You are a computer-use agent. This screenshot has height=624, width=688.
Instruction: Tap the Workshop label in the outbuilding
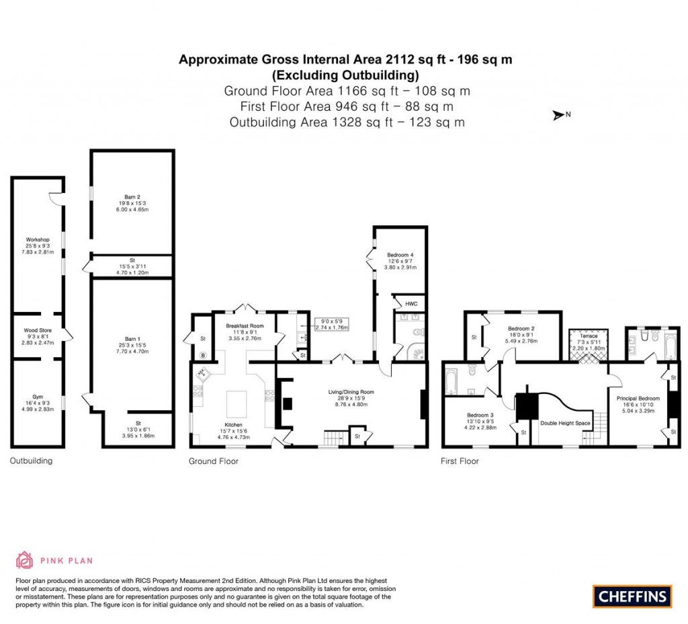(x=38, y=240)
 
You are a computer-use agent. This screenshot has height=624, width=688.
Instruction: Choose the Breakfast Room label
(x=245, y=325)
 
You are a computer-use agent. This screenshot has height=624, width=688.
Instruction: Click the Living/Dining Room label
(x=351, y=392)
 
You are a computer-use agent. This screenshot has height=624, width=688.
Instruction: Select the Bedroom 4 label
(x=400, y=256)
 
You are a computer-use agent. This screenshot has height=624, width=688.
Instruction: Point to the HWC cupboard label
(x=411, y=304)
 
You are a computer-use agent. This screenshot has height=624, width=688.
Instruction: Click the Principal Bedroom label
(x=638, y=398)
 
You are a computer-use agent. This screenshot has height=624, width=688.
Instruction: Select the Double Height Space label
(x=565, y=423)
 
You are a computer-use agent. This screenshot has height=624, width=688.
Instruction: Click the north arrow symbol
(x=558, y=115)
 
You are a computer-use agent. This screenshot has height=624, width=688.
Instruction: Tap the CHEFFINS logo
(x=632, y=595)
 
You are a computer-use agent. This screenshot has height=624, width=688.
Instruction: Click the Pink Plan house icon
(x=25, y=559)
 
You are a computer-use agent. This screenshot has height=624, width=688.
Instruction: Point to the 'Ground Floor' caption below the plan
(x=212, y=461)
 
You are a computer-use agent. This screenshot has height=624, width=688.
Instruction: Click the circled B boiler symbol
(x=203, y=355)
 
